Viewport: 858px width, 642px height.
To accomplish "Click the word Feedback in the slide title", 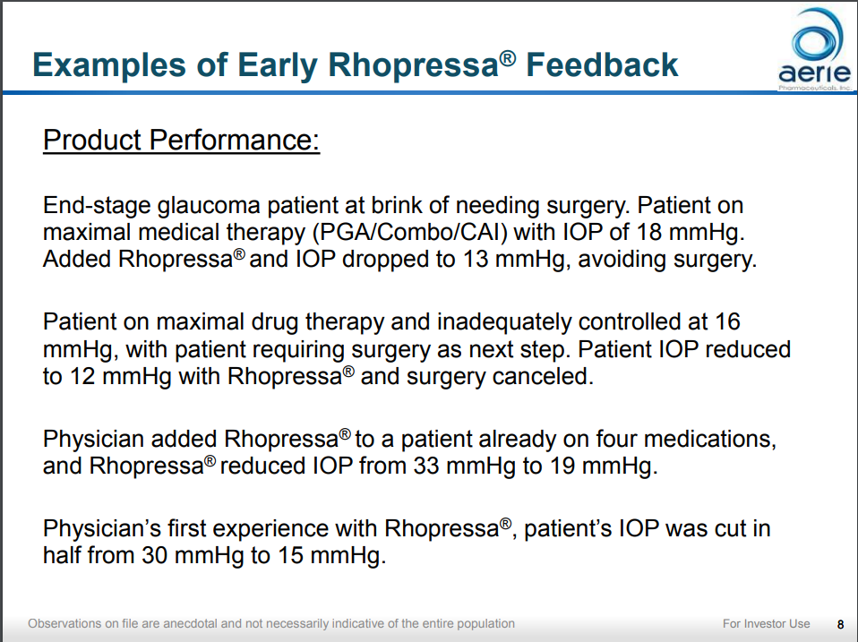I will [x=602, y=64].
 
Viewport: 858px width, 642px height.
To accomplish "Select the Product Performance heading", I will [x=181, y=141].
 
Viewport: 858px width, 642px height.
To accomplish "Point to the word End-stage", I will [x=96, y=206].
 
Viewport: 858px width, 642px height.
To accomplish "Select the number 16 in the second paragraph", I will [x=726, y=321].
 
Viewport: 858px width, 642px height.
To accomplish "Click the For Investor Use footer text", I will [x=766, y=623].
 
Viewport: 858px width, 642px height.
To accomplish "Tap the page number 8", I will [x=839, y=624].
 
